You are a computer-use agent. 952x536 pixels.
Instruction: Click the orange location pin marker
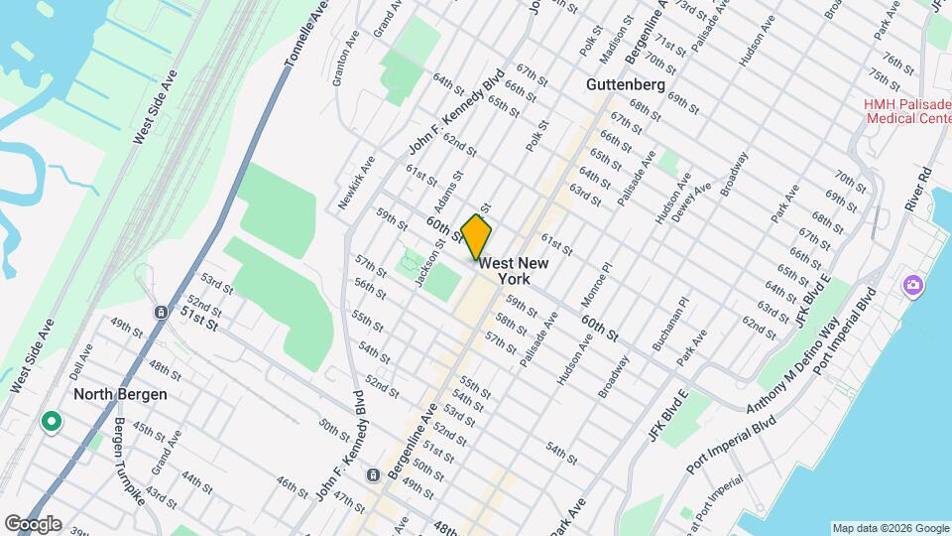[477, 237]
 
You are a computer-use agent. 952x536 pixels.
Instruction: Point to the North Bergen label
[120, 394]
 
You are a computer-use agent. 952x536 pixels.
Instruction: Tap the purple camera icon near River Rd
[912, 286]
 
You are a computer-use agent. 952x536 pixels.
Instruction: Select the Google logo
[33, 524]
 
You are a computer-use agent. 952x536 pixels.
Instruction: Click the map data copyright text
[890, 528]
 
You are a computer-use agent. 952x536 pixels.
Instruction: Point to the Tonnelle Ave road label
[305, 35]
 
